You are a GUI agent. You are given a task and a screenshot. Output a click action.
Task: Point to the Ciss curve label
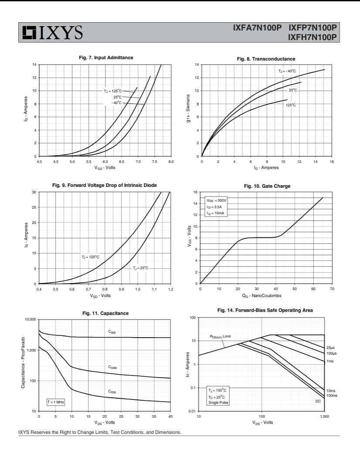click(112, 332)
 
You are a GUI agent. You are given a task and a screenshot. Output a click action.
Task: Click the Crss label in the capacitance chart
click(112, 392)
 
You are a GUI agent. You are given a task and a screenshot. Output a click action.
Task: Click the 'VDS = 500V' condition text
click(217, 200)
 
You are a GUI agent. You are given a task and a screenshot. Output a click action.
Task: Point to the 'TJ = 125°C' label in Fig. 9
click(90, 257)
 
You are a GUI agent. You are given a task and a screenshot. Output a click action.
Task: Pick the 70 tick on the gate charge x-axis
click(332, 289)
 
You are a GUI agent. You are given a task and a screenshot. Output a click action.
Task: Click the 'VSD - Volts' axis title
click(105, 295)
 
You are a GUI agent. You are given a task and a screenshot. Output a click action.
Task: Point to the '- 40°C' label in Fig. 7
click(116, 102)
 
